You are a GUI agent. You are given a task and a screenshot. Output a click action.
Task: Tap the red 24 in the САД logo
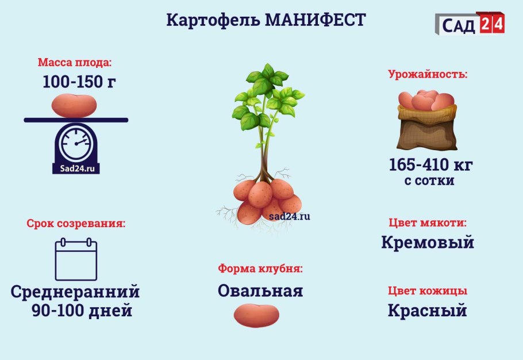point(490,24)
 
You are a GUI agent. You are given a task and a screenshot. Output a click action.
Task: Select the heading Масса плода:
point(75,62)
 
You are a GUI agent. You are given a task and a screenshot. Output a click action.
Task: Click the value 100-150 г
point(79,82)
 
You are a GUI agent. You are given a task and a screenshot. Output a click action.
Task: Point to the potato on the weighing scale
point(75,105)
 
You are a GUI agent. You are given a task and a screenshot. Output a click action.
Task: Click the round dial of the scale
point(76,144)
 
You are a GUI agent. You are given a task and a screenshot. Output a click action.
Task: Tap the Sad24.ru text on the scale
point(76,168)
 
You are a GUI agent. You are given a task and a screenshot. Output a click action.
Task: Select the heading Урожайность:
point(428,74)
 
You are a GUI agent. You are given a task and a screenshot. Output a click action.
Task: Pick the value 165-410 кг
point(430,165)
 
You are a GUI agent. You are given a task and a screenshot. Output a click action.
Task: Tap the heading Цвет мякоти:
point(427,223)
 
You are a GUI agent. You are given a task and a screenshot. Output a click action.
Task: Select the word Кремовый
point(428,242)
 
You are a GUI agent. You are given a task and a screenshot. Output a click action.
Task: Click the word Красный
point(427,311)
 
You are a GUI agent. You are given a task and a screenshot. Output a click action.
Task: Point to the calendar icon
point(76,259)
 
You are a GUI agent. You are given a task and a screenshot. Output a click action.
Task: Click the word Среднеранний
point(75,292)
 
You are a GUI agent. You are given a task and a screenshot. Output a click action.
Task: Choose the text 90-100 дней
point(82,311)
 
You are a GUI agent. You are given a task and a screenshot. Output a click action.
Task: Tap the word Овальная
point(260,291)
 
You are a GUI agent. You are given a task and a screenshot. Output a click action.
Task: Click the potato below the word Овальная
point(256,315)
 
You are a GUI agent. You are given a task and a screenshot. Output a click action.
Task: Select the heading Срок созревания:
point(76,223)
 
